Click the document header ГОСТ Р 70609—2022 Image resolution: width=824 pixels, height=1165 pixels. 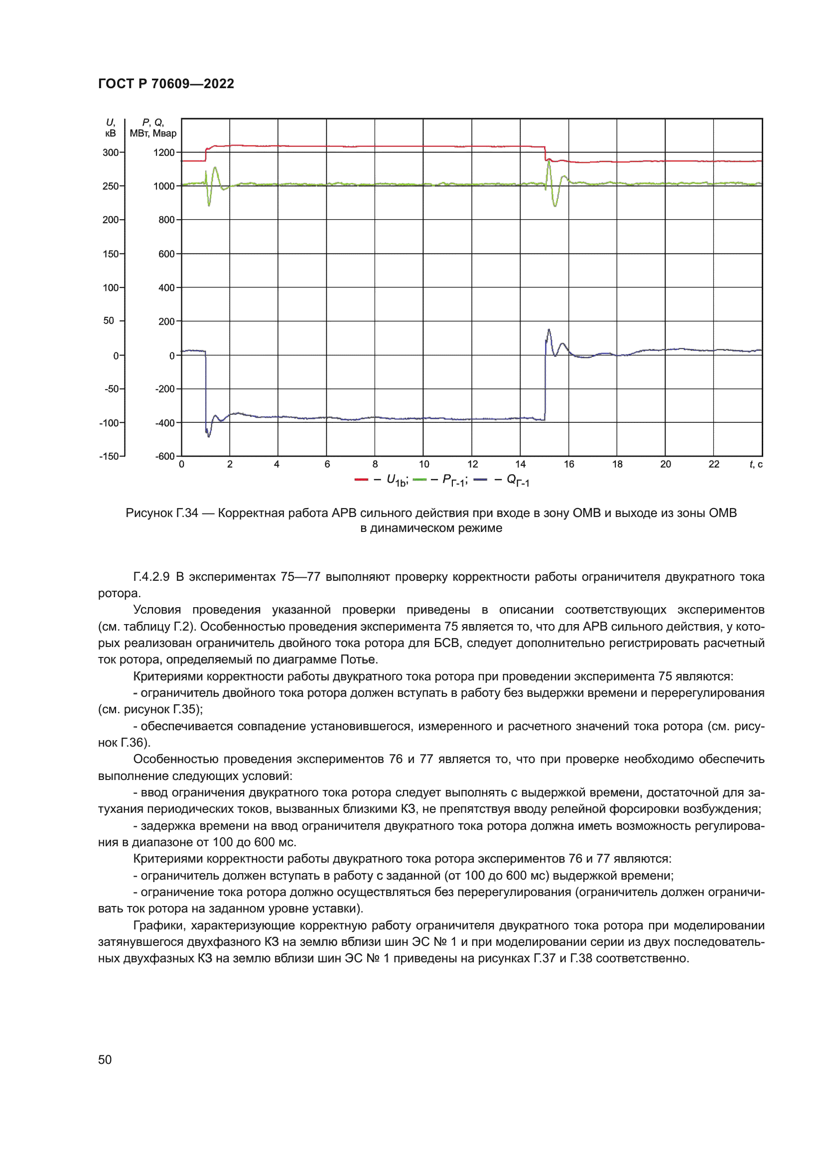166,84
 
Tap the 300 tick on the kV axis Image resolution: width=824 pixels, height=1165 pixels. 111,152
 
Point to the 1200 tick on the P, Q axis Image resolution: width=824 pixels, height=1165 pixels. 164,152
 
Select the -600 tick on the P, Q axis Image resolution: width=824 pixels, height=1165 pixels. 165,456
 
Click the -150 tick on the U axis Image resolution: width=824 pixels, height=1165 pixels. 109,456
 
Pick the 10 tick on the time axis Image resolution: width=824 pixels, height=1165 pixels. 423,464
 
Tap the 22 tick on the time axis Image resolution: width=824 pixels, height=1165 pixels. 714,464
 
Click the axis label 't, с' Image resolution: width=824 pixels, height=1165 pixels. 756,464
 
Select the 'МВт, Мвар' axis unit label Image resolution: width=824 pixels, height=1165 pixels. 153,133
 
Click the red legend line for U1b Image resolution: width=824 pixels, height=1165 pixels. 361,480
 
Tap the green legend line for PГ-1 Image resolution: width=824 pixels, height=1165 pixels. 420,480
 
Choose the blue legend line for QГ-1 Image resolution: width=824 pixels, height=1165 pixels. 480,480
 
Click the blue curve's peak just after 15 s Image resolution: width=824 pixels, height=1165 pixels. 549,330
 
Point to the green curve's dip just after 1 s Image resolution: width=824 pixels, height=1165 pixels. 209,205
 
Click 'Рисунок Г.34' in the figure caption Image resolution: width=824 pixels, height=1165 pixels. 162,513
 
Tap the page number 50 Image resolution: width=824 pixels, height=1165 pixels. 105,1059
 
